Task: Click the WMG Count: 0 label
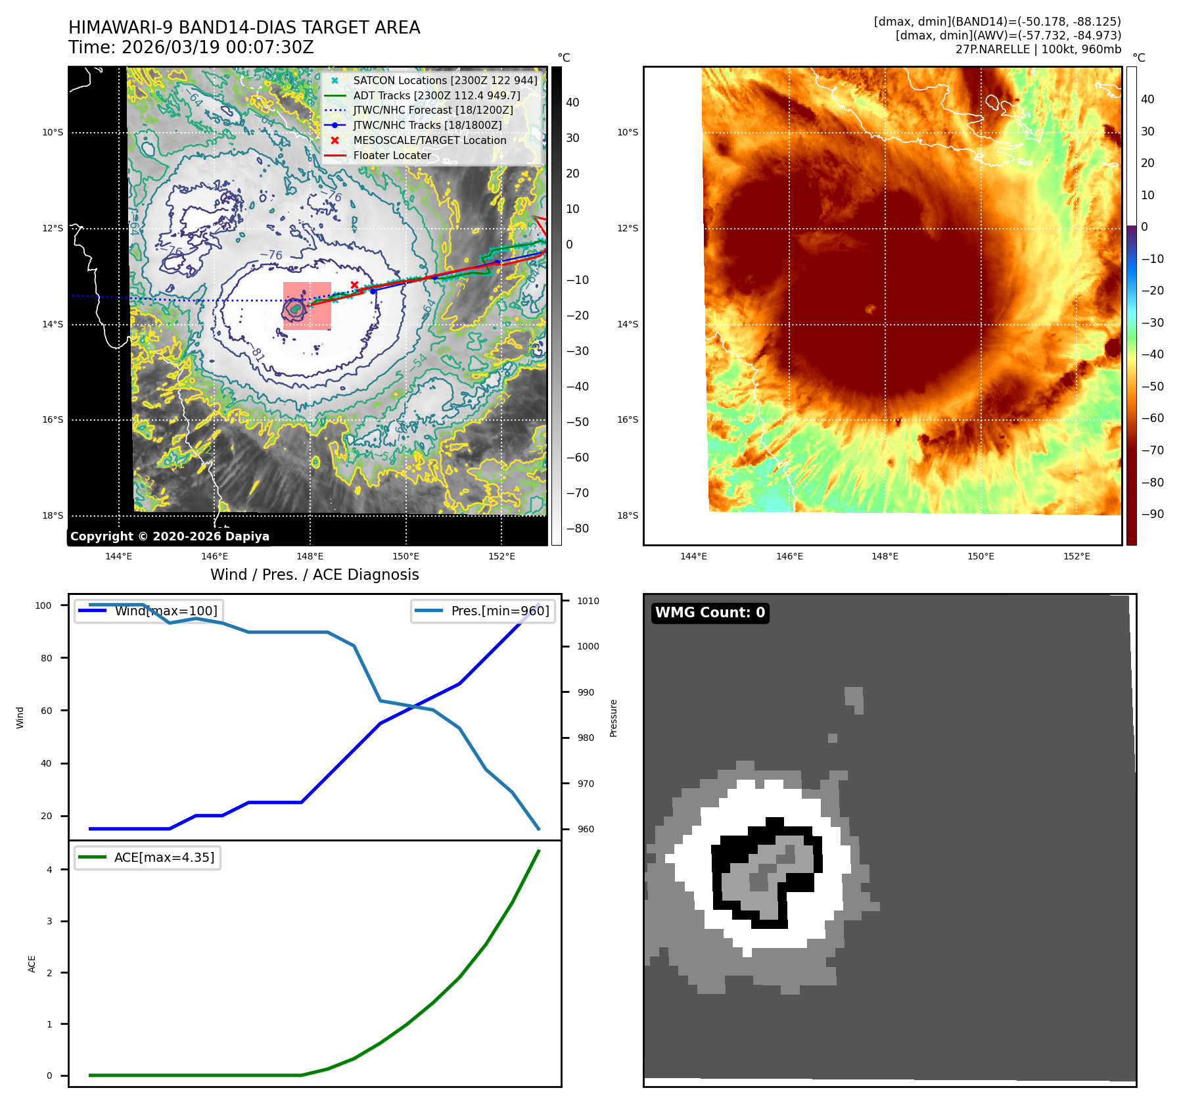710,613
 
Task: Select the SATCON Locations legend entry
444,80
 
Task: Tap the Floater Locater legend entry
392,156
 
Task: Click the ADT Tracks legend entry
436,95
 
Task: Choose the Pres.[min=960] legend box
483,611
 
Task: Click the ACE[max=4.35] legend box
147,857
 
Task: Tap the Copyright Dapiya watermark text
170,536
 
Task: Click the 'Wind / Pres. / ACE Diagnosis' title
314,575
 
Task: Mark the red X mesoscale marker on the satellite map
354,285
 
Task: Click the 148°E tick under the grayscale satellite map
310,556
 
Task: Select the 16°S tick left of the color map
627,419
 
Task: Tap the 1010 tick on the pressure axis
588,601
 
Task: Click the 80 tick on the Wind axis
46,658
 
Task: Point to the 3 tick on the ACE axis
49,921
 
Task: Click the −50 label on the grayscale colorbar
578,422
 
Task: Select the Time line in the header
191,47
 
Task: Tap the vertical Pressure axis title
613,718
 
